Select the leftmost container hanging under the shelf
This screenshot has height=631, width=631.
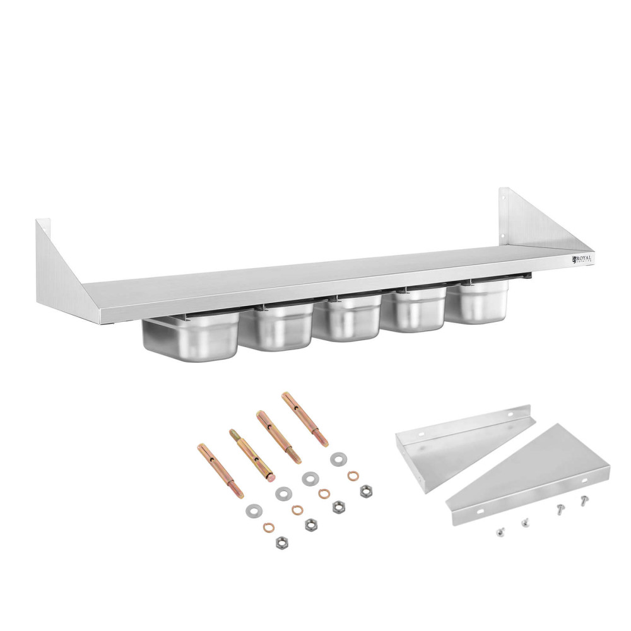click(190, 339)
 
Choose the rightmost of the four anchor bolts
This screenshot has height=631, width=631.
click(305, 419)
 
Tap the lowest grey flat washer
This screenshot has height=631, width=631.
click(254, 509)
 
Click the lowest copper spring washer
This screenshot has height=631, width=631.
click(269, 528)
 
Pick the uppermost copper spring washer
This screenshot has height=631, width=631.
click(353, 475)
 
